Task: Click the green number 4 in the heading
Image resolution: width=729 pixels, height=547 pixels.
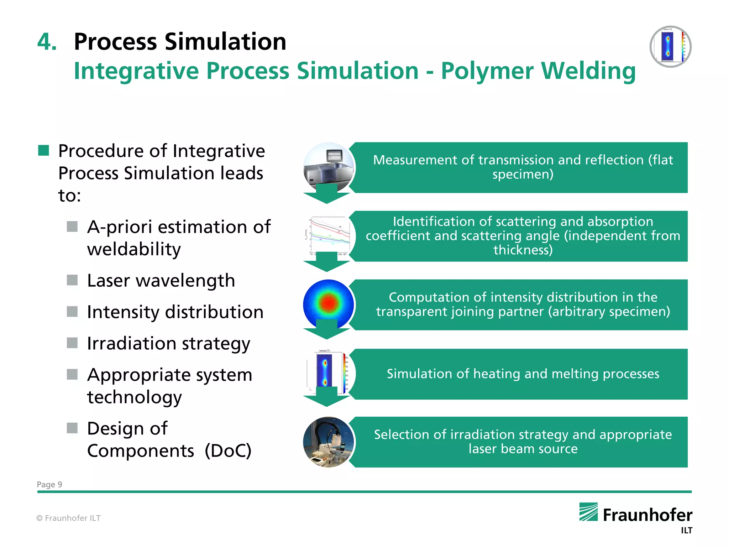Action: tap(47, 42)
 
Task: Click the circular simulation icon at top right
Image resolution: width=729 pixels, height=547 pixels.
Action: tap(670, 47)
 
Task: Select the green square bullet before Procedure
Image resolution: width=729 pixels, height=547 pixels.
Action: tap(43, 151)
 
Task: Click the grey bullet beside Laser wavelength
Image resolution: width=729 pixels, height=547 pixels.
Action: tap(72, 280)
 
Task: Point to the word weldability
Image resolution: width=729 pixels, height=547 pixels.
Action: tap(134, 249)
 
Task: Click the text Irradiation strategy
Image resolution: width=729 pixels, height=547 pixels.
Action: tap(169, 343)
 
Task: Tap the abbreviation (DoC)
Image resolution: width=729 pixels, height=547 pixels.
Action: tap(228, 450)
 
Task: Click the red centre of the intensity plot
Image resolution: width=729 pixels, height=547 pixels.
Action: tap(329, 302)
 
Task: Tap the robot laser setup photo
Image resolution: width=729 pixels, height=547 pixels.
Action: tap(328, 442)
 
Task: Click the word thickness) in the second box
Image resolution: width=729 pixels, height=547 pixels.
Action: tap(523, 250)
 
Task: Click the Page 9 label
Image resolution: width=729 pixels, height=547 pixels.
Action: tap(49, 484)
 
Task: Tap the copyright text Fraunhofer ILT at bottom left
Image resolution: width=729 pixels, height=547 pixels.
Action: tap(69, 518)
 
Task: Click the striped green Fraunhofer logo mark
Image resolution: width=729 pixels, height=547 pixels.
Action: tap(588, 512)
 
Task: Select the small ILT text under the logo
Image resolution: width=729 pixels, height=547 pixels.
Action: tap(686, 531)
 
